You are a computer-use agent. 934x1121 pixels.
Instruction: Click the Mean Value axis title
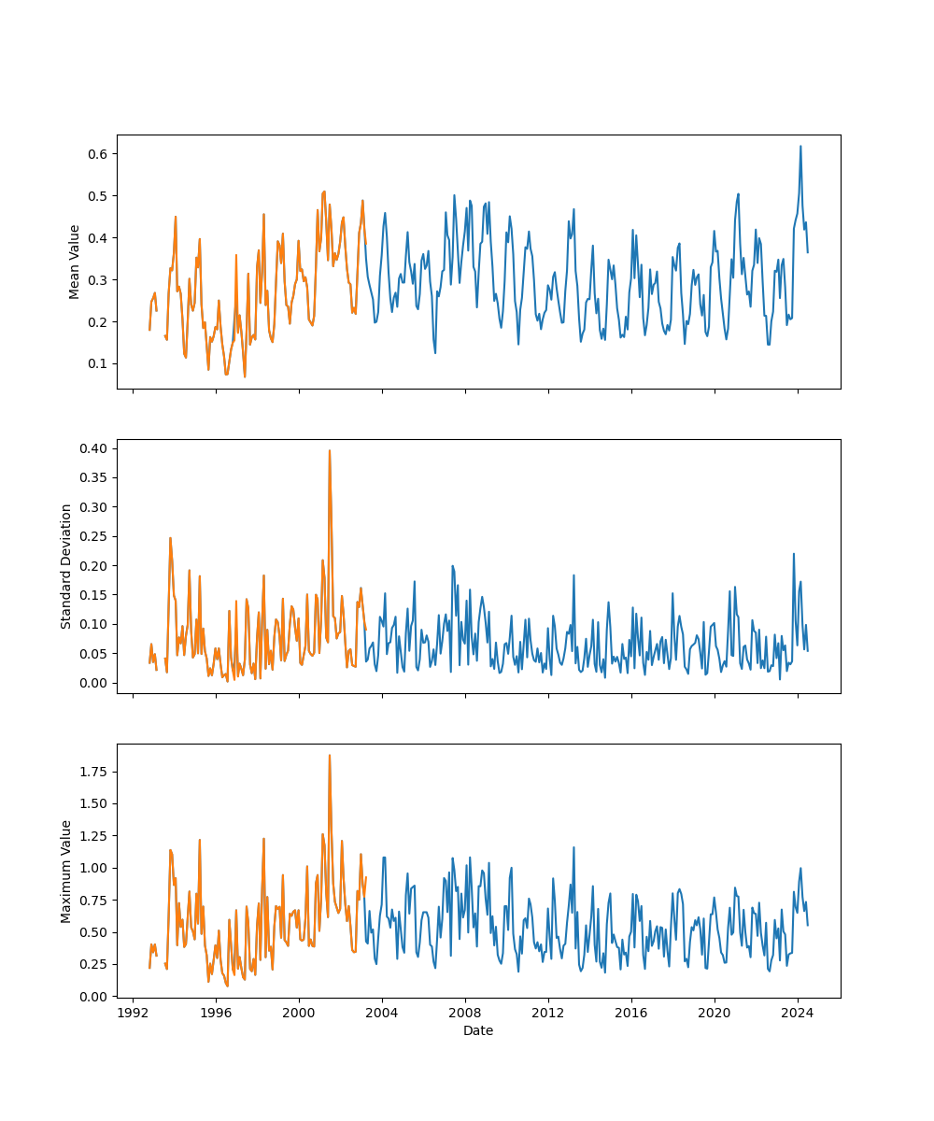[75, 262]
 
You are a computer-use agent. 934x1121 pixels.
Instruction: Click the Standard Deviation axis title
[66, 566]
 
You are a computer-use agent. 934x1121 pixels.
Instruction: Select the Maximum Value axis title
[66, 871]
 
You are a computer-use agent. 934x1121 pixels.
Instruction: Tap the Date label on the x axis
[478, 1030]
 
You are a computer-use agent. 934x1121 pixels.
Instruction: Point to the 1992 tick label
[133, 1013]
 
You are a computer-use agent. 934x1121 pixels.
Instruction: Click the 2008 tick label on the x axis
[465, 1013]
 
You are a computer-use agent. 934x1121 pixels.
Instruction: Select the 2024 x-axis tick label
[798, 1013]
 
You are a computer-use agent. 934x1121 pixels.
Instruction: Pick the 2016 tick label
[631, 1013]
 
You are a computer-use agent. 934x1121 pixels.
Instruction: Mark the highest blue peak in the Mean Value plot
[800, 147]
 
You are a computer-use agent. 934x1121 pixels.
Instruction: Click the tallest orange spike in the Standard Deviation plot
[329, 451]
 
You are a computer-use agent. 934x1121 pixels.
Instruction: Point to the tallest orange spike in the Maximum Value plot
[329, 756]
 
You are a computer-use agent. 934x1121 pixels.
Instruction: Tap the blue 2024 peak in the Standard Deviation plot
[794, 554]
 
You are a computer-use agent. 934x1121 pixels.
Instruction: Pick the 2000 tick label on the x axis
[299, 1013]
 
